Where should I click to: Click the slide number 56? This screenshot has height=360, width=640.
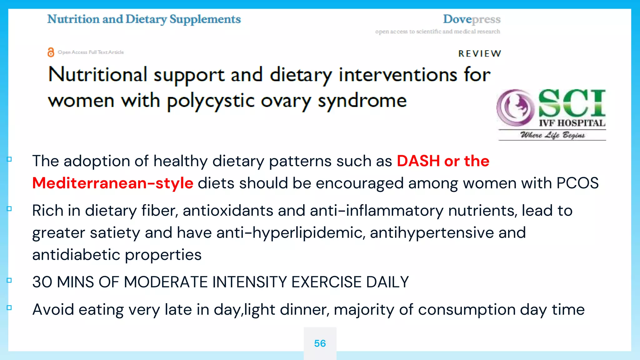click(x=320, y=343)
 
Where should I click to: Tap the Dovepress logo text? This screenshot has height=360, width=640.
click(x=472, y=19)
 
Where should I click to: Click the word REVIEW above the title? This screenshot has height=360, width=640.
click(x=480, y=54)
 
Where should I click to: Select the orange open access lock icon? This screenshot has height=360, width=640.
click(x=51, y=52)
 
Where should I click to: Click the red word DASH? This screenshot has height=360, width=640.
click(x=418, y=161)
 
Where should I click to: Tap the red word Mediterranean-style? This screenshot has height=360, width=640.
click(x=113, y=183)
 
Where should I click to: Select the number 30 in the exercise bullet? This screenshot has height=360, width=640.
click(x=42, y=282)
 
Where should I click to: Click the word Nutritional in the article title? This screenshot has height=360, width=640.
click(x=98, y=75)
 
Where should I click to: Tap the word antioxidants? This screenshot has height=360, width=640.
click(x=228, y=211)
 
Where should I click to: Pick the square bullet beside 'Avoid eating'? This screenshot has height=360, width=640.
click(x=9, y=308)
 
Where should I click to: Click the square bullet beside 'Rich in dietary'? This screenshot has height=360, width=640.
click(x=9, y=209)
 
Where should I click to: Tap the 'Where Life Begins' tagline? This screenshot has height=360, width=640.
click(x=552, y=135)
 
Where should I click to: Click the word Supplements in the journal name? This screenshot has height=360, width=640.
click(x=205, y=19)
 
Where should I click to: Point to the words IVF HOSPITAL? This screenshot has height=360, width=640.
click(x=572, y=123)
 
